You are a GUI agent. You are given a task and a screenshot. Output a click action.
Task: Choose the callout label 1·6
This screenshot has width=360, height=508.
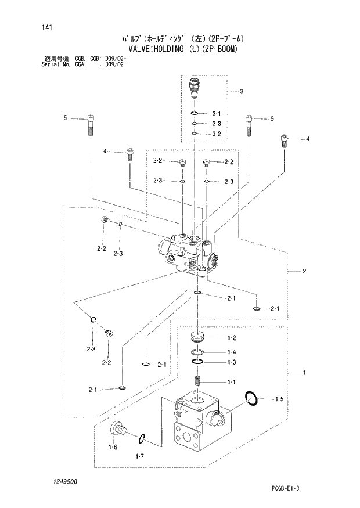click(x=113, y=447)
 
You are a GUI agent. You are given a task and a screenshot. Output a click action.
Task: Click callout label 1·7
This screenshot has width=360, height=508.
click(x=140, y=457)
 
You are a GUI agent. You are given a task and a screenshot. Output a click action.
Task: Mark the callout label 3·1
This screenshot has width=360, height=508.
click(x=217, y=113)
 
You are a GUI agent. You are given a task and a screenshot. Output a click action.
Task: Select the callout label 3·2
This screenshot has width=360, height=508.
click(x=217, y=134)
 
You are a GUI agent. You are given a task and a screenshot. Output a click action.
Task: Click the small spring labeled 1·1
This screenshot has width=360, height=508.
click(x=198, y=382)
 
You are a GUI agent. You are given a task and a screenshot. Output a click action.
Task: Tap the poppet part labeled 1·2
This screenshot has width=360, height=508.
click(x=198, y=337)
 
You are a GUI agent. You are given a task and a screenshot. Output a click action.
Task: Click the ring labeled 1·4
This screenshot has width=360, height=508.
click(x=198, y=352)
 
